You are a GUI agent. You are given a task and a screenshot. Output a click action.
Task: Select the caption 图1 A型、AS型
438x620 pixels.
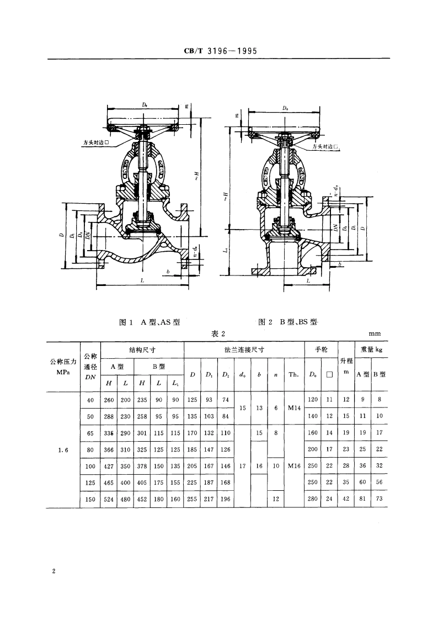click(x=150, y=322)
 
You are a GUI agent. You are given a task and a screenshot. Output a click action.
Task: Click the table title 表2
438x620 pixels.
click(x=220, y=333)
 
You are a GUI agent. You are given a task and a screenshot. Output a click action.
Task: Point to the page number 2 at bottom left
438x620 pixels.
click(x=54, y=571)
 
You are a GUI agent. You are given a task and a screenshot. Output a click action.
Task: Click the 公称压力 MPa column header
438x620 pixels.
click(x=63, y=367)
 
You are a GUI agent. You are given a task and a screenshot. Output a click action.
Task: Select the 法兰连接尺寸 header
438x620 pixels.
click(x=244, y=349)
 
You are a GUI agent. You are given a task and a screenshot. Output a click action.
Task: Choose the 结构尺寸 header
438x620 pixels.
click(x=142, y=349)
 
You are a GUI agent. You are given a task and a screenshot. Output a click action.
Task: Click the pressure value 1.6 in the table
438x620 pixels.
click(x=63, y=450)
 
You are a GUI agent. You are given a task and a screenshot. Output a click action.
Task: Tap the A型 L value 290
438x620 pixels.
click(x=125, y=433)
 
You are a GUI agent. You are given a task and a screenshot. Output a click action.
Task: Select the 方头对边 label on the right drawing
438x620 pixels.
click(x=324, y=147)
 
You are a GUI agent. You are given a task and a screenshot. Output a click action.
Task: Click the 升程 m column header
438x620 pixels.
click(x=346, y=365)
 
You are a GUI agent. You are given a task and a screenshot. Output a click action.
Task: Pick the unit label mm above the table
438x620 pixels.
click(x=375, y=333)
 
